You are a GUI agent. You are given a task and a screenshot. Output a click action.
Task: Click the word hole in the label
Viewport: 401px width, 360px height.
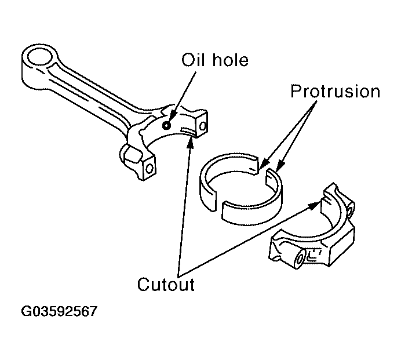click(231, 60)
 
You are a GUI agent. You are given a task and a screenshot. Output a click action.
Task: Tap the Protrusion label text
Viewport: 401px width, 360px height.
click(336, 92)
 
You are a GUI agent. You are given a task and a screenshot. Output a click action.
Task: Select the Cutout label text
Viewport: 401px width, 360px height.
click(166, 284)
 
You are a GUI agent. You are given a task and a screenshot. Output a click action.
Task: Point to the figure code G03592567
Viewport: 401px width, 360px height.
click(59, 311)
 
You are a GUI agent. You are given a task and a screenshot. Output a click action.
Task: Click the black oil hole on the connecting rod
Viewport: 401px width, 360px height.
click(166, 125)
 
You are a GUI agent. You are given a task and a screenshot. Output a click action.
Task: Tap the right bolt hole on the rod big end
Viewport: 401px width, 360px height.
click(203, 126)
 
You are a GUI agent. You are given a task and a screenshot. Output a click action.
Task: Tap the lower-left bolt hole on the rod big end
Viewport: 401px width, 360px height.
click(150, 168)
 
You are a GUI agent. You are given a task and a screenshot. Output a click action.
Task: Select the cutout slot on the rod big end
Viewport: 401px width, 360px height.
click(188, 130)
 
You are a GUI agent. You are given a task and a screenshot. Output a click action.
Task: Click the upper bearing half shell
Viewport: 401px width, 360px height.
click(229, 179)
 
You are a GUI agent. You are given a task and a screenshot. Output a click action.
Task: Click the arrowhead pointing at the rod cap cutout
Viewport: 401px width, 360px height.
click(314, 205)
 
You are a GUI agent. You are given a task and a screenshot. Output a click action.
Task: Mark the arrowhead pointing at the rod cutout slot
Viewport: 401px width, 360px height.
click(190, 143)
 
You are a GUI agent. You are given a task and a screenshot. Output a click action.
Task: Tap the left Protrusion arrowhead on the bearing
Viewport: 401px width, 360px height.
click(264, 164)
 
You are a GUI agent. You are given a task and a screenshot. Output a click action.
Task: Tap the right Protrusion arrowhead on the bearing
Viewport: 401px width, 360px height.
click(280, 166)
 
